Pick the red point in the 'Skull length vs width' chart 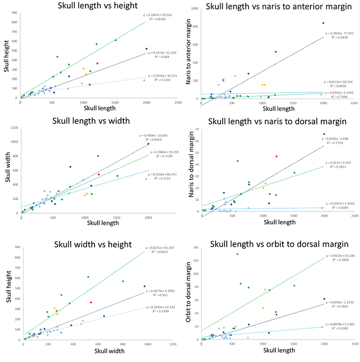(x=99, y=174)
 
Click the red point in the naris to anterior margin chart (x=275, y=52)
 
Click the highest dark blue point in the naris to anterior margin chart (x=323, y=23)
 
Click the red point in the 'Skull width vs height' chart (x=90, y=303)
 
